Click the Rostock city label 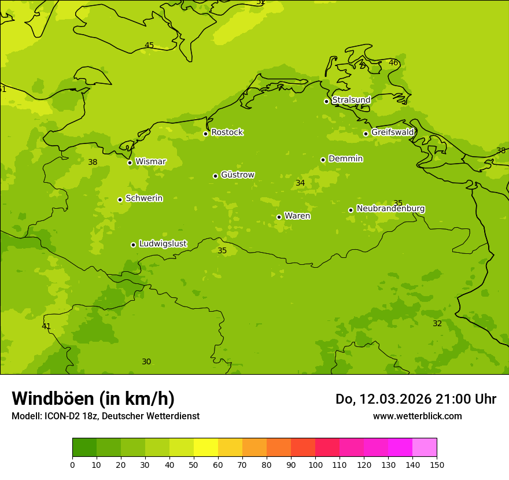point(227,132)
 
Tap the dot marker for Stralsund point(326,101)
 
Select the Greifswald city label point(392,132)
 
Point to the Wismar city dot point(130,163)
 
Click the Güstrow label point(237,175)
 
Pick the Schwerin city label point(144,198)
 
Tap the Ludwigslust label point(163,244)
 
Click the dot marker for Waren point(279,217)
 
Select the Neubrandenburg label point(390,208)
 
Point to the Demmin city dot point(323,160)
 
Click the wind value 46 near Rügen point(393,62)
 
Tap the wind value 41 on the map point(46,326)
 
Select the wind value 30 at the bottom point(146,361)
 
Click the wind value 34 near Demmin point(300,183)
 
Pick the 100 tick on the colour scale point(315,464)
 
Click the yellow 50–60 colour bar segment point(206,448)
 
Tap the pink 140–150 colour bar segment point(425,448)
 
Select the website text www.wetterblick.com point(417,416)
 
